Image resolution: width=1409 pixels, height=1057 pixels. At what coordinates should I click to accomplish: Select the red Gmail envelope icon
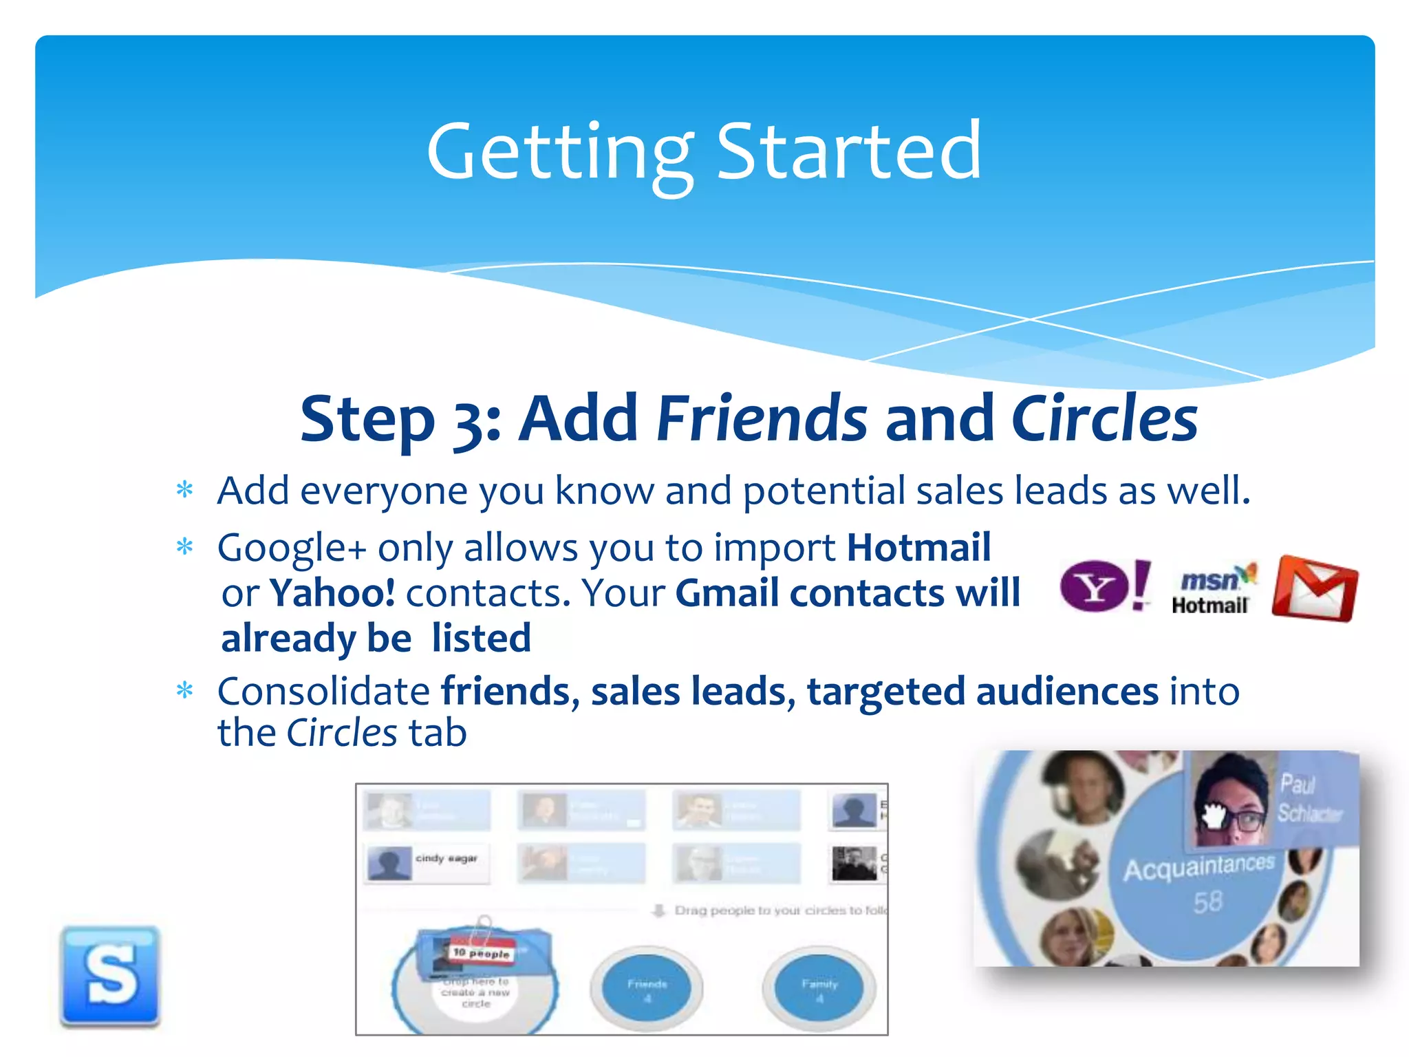coord(1315,589)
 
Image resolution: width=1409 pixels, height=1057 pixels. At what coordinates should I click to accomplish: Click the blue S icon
coord(110,975)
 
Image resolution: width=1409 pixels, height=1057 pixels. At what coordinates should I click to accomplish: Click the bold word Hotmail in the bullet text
coord(918,548)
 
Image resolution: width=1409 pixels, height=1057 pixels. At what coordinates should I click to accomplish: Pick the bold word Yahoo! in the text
coord(332,593)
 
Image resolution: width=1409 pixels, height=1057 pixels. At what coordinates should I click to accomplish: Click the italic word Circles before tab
coord(342,733)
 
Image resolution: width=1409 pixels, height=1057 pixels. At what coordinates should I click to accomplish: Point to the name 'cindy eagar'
coord(446,858)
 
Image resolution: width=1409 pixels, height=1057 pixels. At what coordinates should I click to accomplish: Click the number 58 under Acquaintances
coord(1207,901)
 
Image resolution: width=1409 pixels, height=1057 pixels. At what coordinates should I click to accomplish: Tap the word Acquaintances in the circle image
coord(1198,868)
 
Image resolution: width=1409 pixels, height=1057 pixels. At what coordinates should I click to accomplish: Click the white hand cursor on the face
coord(1214,817)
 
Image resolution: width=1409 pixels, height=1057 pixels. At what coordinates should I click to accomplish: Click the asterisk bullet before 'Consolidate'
coord(184,690)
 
